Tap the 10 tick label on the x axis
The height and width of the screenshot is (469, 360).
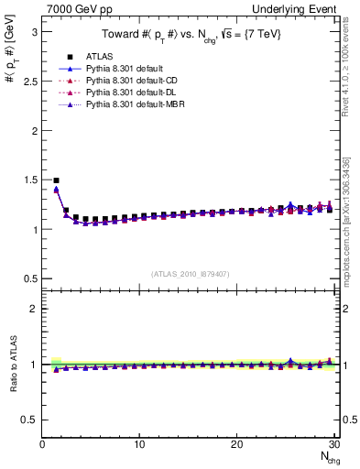[139, 445]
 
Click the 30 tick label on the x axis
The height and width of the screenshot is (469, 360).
[333, 445]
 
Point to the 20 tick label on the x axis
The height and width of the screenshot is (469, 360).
[236, 445]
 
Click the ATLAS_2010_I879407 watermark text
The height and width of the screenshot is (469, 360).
[190, 273]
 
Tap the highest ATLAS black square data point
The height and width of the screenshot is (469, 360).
[56, 180]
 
